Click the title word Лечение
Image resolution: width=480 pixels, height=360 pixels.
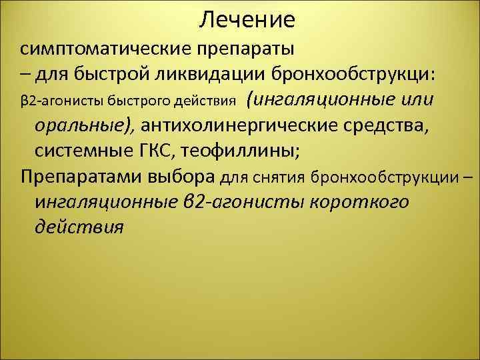coord(247,20)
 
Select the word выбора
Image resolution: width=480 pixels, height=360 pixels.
coord(183,176)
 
